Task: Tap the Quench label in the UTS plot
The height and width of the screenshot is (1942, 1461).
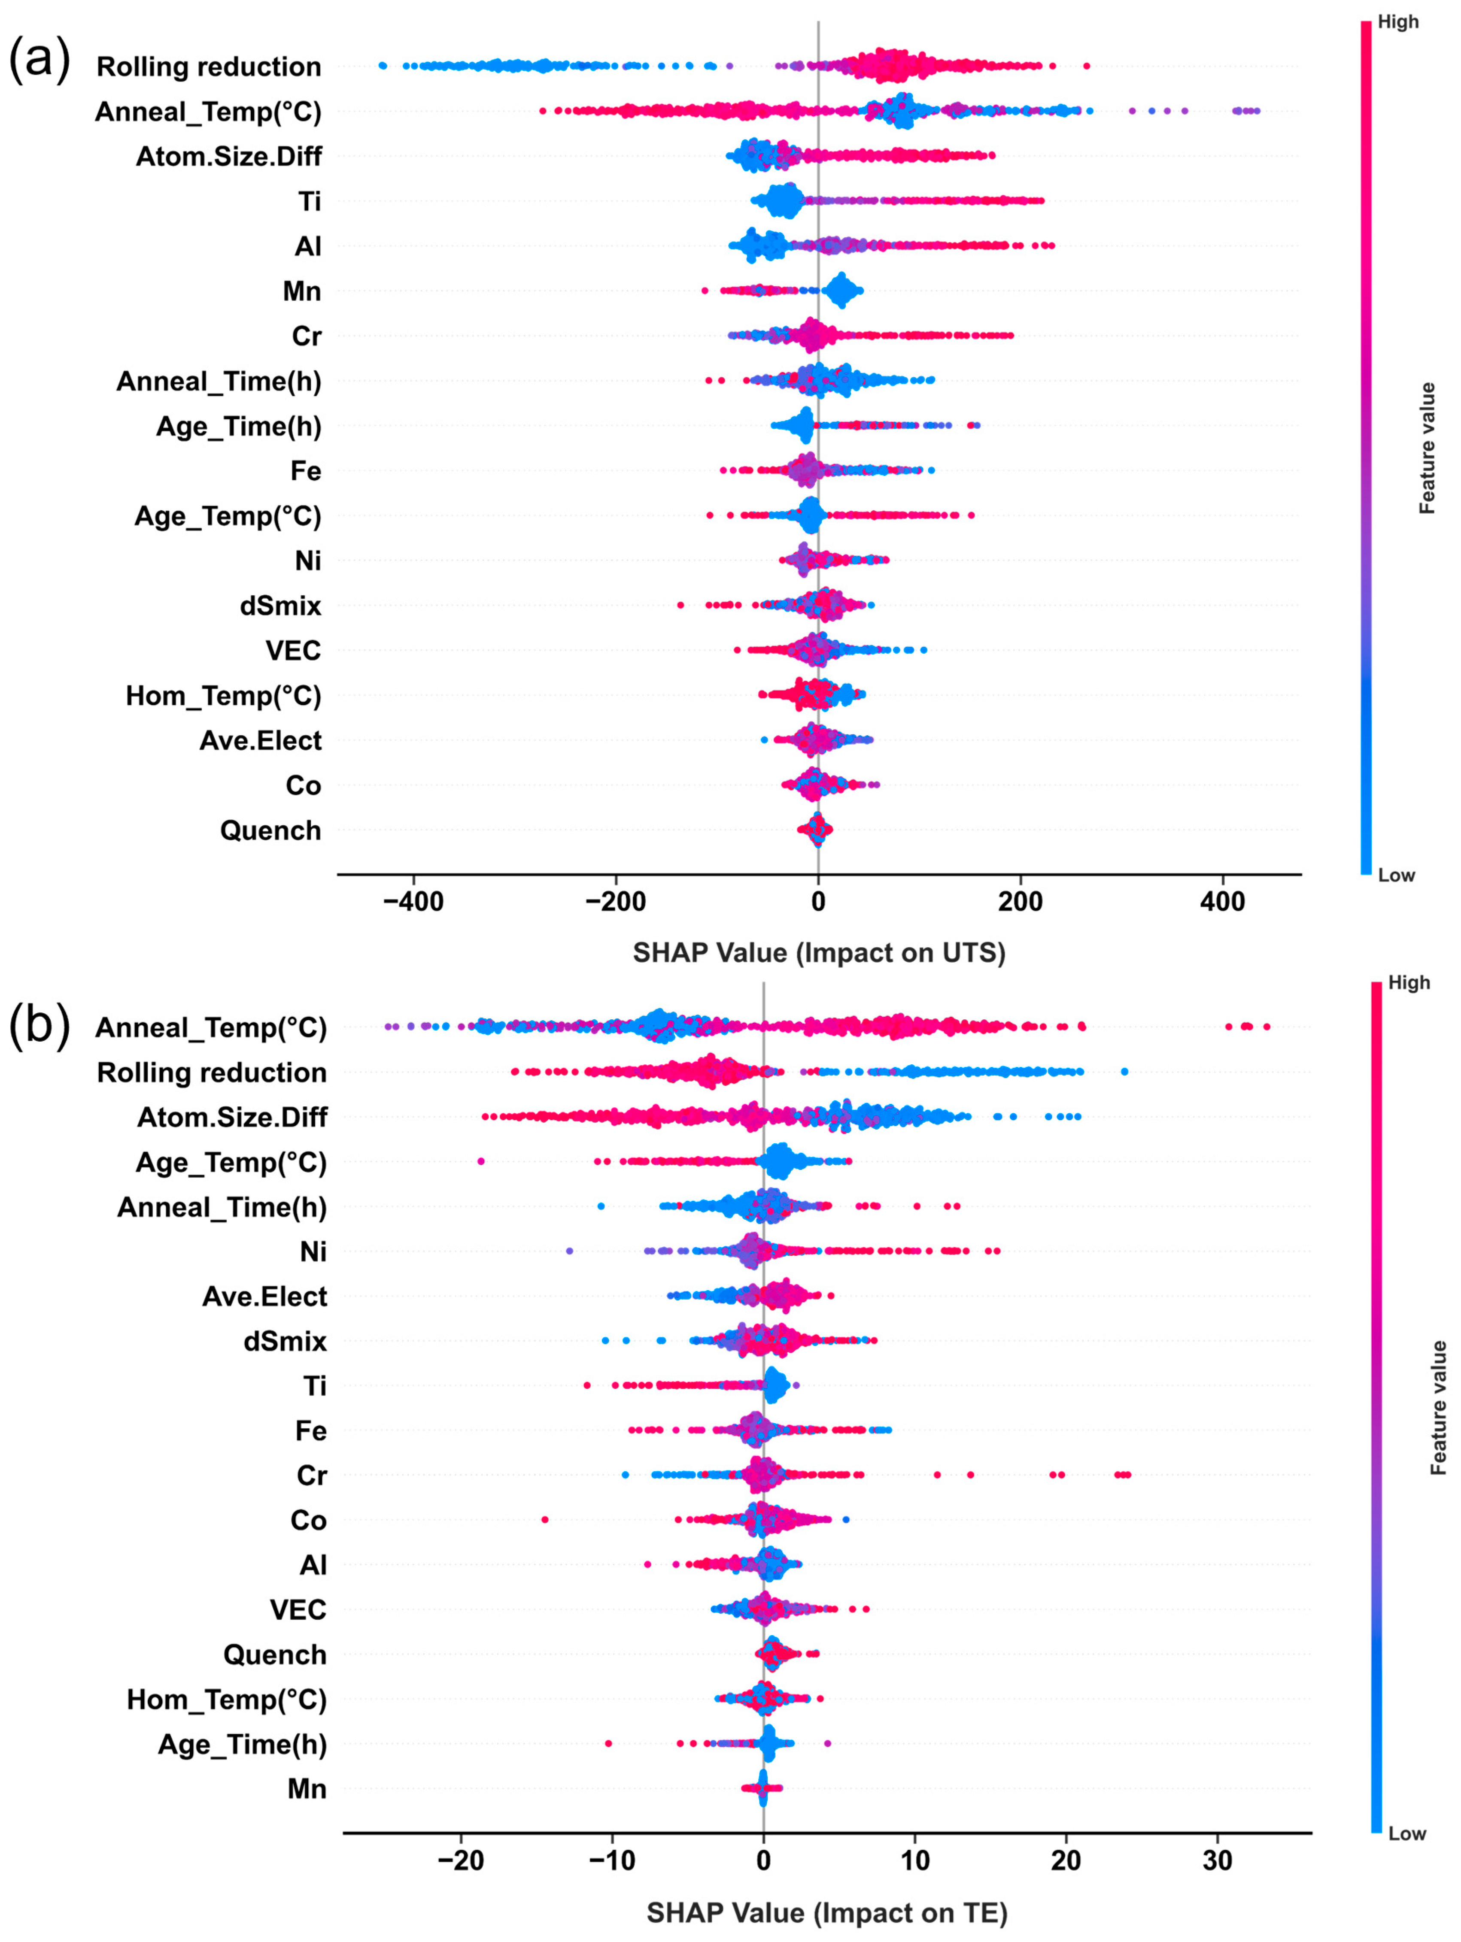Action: [270, 830]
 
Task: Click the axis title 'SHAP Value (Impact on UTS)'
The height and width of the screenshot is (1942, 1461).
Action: [818, 953]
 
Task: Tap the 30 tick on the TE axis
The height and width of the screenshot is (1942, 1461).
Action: [1217, 1861]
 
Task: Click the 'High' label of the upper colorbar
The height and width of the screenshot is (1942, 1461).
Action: [1398, 22]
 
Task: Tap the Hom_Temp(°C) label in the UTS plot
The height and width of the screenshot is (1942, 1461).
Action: [223, 696]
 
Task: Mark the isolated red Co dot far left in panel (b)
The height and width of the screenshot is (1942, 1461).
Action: [544, 1520]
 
